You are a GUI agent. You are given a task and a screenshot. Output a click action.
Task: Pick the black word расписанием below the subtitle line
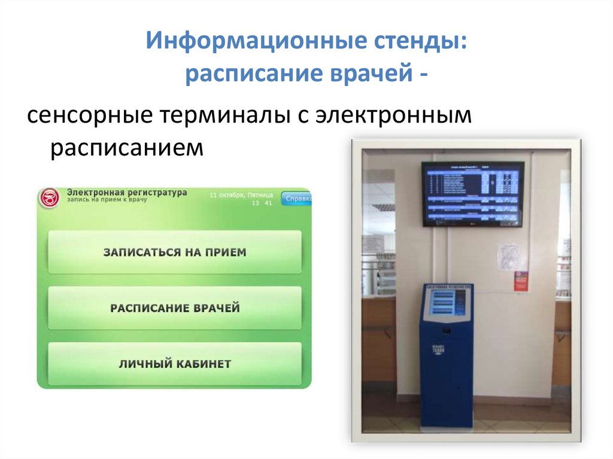127,147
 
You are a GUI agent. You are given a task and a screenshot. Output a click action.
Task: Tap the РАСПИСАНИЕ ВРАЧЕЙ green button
174,308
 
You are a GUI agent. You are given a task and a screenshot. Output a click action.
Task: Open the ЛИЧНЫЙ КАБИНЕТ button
174,364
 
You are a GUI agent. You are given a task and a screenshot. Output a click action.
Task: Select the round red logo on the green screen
50,198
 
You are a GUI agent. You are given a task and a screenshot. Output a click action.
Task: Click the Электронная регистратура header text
126,193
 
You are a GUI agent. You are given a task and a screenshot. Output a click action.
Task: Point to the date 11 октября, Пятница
241,195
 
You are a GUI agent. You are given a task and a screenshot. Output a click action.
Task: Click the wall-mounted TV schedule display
472,193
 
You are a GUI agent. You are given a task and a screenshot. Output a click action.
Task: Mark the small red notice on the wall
521,280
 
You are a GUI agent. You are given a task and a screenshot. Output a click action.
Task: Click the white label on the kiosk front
438,349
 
